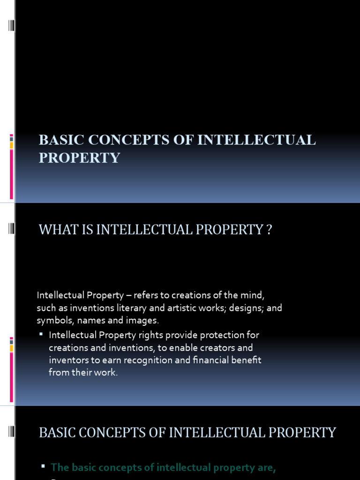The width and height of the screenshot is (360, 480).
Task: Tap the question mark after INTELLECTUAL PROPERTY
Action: point(269,230)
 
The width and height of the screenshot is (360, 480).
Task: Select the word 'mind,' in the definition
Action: point(253,295)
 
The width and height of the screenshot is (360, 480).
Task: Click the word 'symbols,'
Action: point(53,321)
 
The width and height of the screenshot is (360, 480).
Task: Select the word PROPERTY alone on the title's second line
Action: point(79,158)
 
